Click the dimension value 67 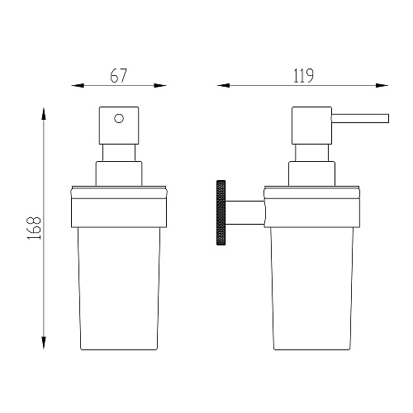click(119, 75)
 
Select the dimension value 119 click(303, 76)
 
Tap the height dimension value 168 click(34, 228)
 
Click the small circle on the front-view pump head click(119, 119)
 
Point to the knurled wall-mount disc click(221, 212)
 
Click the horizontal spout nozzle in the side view click(360, 118)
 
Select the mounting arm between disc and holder click(245, 212)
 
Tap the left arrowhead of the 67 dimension click(78, 86)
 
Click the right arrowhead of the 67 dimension click(160, 86)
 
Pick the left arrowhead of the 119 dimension click(223, 86)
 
